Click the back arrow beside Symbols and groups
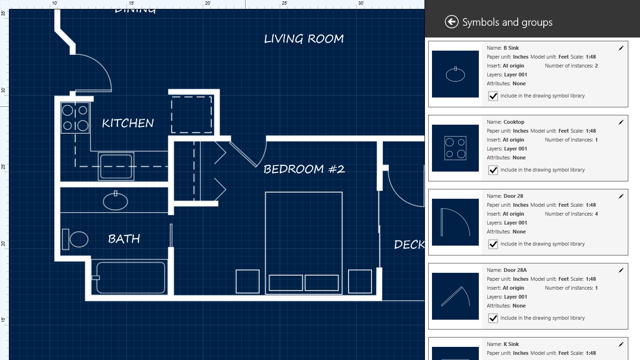click(x=451, y=22)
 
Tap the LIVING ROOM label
click(x=304, y=39)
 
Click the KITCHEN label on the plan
click(x=128, y=123)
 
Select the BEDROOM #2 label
click(x=304, y=169)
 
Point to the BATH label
click(x=124, y=239)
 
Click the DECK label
click(x=409, y=245)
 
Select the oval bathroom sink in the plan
click(x=115, y=202)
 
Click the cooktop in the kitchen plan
click(x=75, y=118)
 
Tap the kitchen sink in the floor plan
click(x=116, y=166)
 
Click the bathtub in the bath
click(x=130, y=277)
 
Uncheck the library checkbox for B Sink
click(x=493, y=96)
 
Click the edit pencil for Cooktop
click(x=621, y=122)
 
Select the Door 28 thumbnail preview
click(x=455, y=222)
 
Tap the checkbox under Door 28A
click(x=493, y=318)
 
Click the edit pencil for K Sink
click(x=621, y=345)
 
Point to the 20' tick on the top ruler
click(x=208, y=4)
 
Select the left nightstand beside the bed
click(x=247, y=281)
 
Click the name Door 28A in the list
click(x=515, y=270)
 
